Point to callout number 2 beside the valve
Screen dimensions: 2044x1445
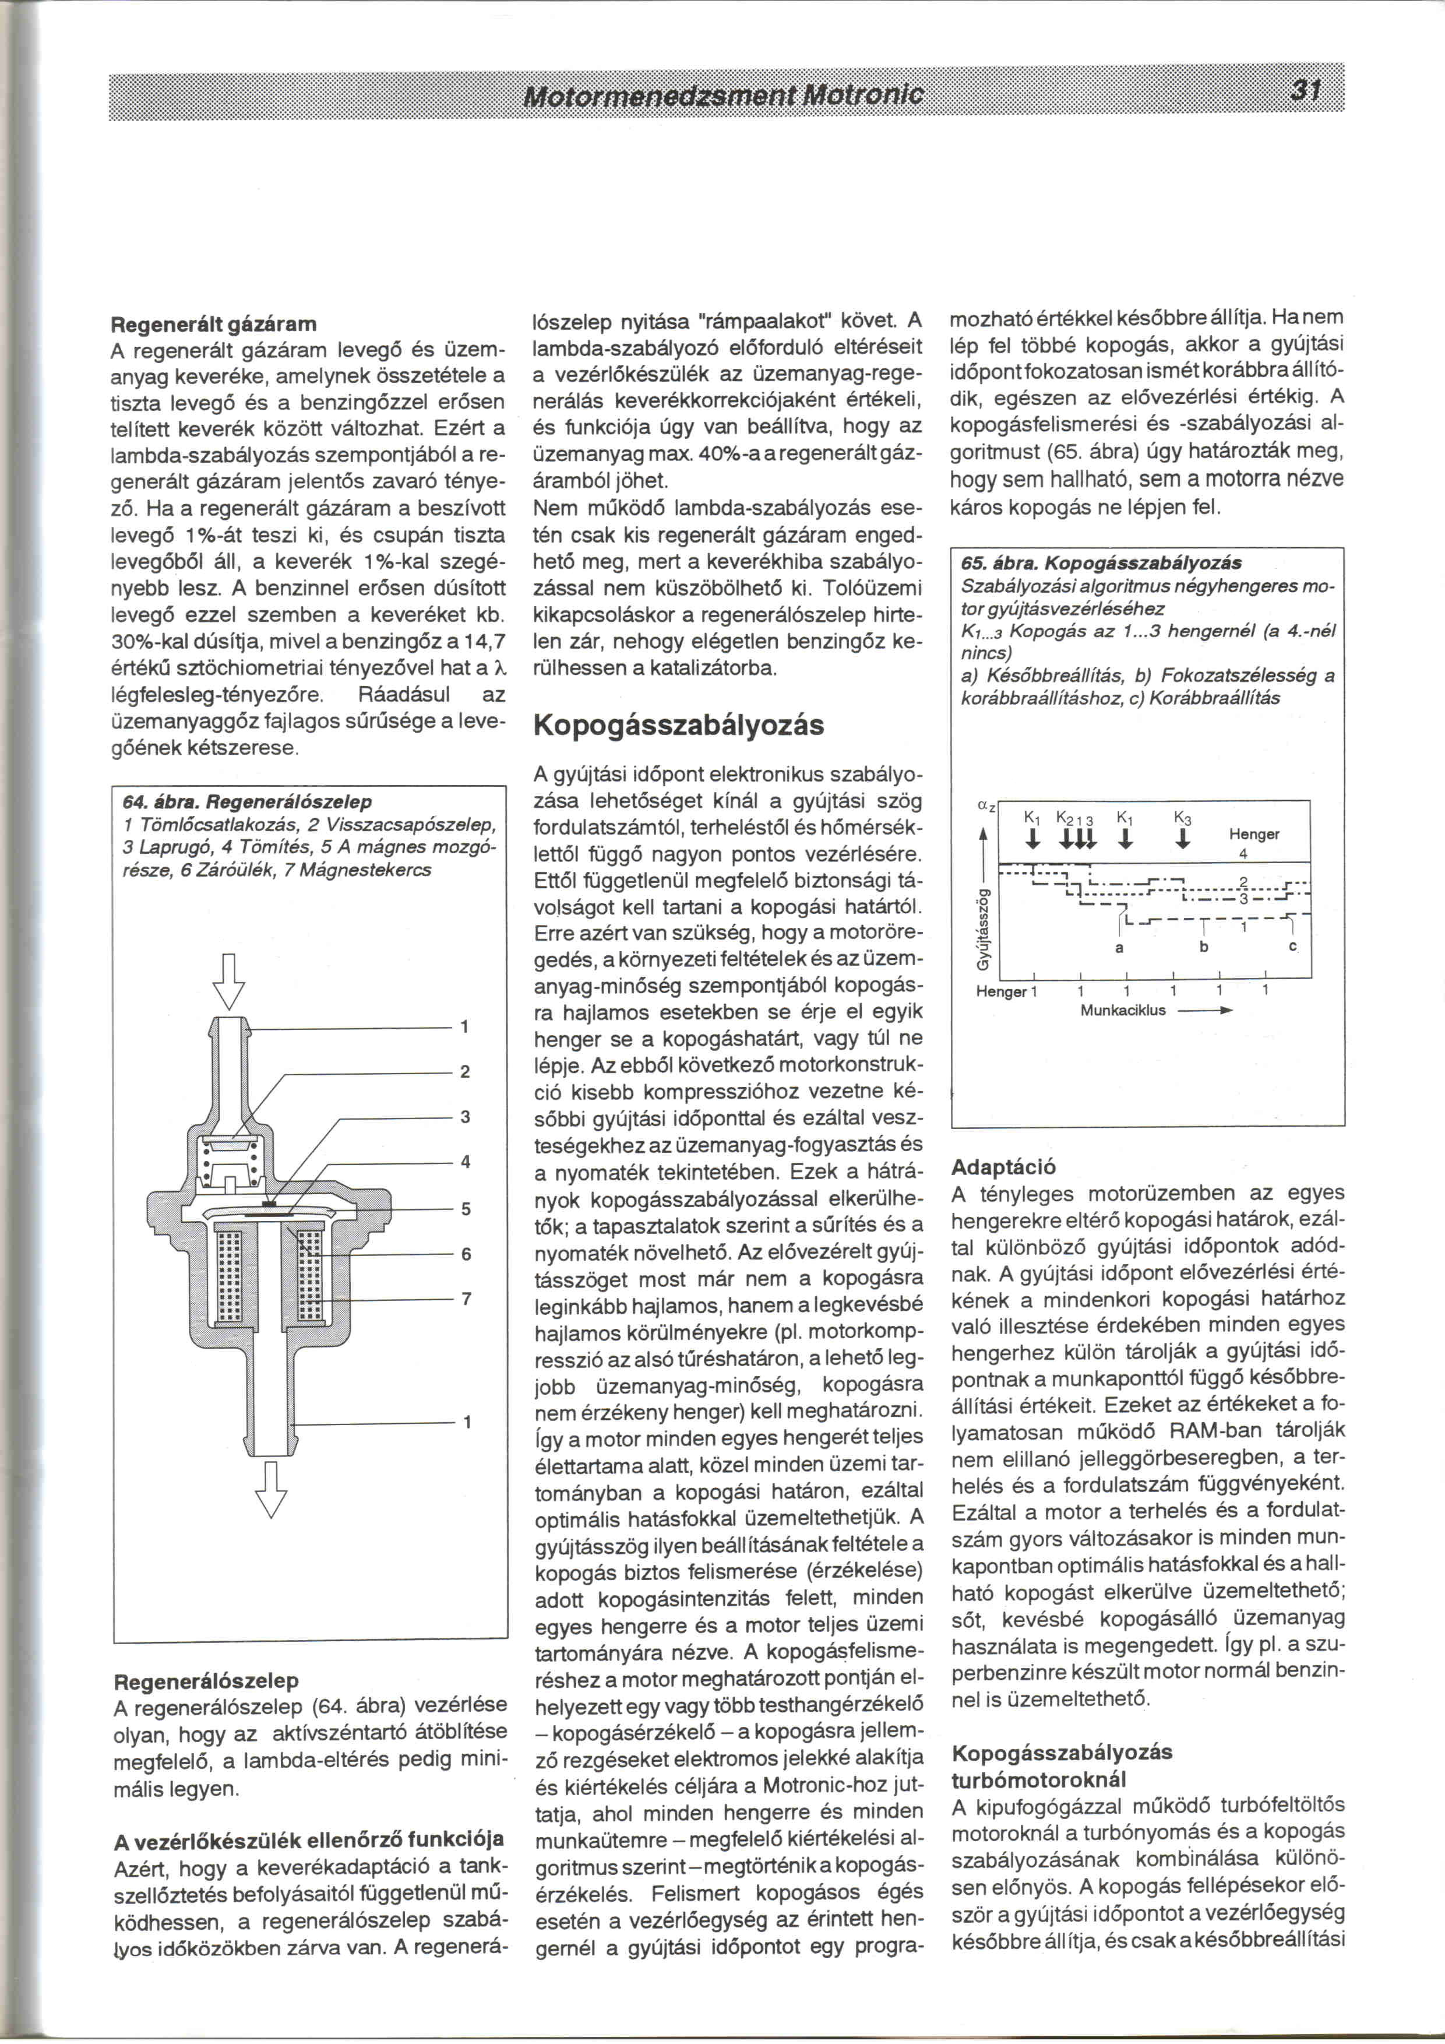coord(464,1072)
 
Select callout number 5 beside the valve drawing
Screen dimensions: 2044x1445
coord(464,1209)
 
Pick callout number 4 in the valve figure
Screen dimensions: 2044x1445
coord(464,1162)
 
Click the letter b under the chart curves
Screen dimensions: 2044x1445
coord(1204,947)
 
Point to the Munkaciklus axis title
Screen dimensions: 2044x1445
coord(1123,1011)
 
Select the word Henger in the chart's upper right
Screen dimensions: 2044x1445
coord(1254,834)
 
